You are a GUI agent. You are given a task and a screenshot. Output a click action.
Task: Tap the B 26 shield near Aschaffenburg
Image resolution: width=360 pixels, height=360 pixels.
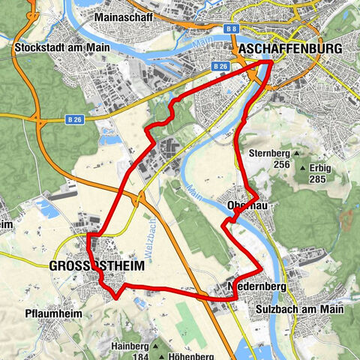[x=220, y=67]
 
